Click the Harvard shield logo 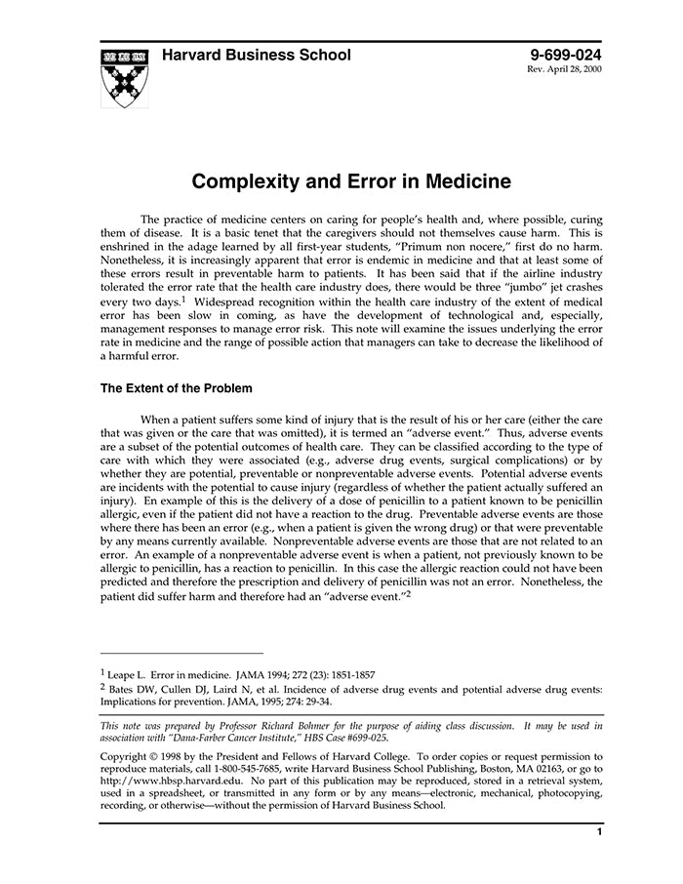125,76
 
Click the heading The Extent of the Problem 176,388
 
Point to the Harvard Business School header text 257,56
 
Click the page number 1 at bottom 599,831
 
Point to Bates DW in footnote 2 130,689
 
